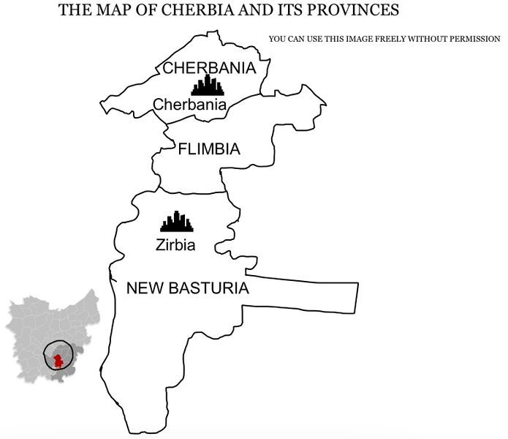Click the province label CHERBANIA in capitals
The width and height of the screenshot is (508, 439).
click(209, 69)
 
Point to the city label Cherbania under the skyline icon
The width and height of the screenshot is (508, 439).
click(189, 105)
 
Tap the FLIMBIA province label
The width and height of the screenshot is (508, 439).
click(209, 149)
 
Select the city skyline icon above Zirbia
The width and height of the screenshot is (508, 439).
click(176, 222)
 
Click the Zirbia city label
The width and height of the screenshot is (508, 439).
click(175, 245)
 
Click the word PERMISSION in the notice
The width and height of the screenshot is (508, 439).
click(472, 38)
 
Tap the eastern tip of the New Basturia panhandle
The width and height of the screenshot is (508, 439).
click(357, 296)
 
